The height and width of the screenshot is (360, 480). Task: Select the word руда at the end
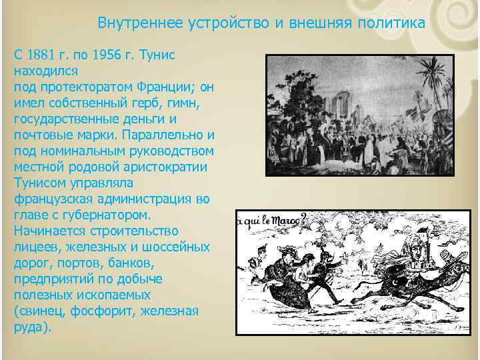[26, 327]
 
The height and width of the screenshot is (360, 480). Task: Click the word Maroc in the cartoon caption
[283, 219]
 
